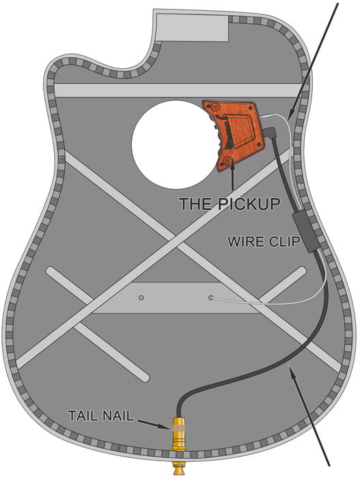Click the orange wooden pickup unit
pos(233,134)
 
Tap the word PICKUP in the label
pos(249,203)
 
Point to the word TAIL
pos(81,416)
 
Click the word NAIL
pos(116,416)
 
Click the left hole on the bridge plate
pos(141,298)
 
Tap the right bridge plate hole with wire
pos(211,298)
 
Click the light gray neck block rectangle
pos(192,27)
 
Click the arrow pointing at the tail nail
pos(153,424)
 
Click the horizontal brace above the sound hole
pos(178,90)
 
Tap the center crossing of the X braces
pos(176,241)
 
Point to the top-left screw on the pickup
pos(214,106)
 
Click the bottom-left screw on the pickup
pos(227,160)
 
